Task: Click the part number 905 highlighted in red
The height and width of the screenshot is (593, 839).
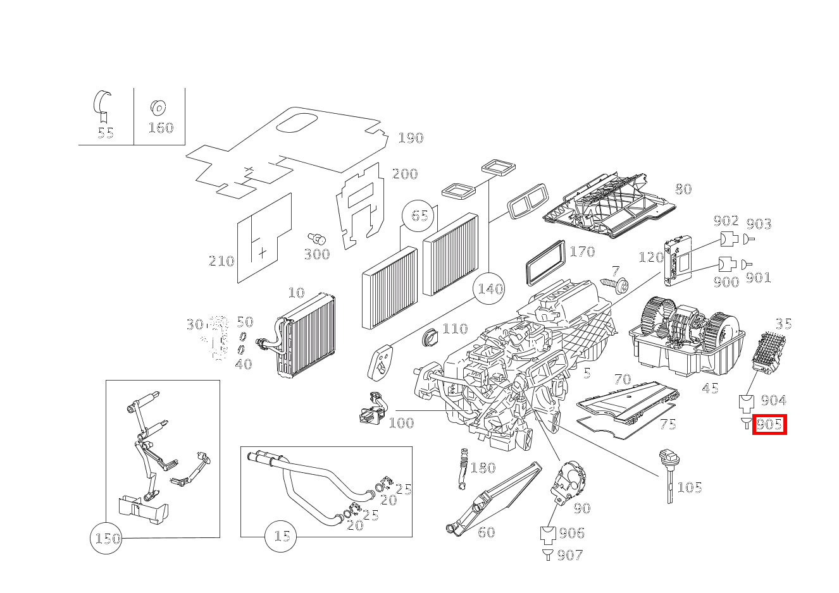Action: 769,424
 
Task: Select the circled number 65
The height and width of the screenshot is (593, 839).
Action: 419,215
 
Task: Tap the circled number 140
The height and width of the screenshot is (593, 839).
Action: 490,289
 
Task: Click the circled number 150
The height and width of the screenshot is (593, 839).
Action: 106,539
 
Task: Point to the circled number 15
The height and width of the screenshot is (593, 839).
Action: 282,536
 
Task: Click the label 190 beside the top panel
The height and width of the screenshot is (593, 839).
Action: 410,138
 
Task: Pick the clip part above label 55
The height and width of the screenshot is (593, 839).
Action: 103,104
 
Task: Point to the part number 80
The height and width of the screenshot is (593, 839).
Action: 683,188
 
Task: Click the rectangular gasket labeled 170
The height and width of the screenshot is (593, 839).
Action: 544,262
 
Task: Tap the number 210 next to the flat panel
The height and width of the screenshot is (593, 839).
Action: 221,260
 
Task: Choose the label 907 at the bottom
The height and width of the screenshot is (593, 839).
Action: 569,555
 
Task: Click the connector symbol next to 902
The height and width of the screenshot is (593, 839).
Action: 728,239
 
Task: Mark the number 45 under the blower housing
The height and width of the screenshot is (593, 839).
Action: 711,388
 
